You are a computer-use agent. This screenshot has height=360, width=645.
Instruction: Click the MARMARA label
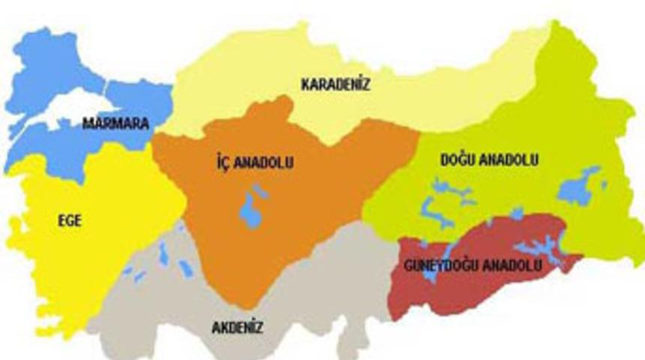115,121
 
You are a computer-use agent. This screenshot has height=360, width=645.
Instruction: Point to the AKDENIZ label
237,327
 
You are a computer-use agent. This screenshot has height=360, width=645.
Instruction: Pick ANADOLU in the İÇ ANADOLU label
262,162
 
